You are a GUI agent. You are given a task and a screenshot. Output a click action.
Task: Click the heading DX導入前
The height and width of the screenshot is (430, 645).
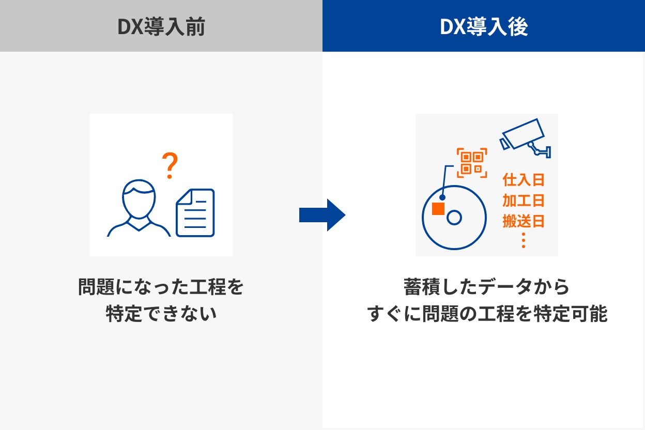[x=161, y=26]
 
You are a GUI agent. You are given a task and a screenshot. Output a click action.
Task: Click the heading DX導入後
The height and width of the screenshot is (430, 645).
[x=484, y=26]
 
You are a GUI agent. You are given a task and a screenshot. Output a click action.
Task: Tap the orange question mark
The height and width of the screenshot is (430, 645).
[x=170, y=165]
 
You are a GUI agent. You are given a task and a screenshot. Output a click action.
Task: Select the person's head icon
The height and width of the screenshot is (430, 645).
[x=139, y=199]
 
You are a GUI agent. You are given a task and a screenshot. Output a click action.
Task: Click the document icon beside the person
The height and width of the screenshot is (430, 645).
[x=195, y=213]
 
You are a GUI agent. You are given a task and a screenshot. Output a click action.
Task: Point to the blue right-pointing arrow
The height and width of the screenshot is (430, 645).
[x=322, y=215]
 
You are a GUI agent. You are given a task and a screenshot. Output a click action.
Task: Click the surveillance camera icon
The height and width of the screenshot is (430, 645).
[x=525, y=138]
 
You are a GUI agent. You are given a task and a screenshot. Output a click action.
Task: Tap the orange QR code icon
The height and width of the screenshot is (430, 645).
[x=472, y=163]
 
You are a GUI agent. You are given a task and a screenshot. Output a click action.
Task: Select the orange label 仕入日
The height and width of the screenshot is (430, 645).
[x=524, y=180]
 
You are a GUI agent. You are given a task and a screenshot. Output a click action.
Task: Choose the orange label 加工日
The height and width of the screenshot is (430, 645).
[x=524, y=201]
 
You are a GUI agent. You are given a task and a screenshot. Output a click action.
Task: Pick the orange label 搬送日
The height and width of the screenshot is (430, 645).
[x=524, y=221]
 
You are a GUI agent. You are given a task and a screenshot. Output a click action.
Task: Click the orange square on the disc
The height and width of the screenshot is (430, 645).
[x=438, y=209]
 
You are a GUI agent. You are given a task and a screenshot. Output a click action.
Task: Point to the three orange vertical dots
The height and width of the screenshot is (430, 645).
[x=524, y=240]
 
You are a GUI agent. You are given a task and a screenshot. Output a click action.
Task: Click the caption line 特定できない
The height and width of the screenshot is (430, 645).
[x=161, y=313]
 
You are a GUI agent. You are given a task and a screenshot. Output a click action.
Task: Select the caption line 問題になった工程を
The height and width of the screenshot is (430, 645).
[x=161, y=287]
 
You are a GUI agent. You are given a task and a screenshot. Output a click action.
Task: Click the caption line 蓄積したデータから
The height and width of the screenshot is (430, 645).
[x=487, y=287]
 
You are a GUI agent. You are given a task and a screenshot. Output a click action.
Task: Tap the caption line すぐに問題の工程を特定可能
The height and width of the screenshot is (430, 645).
[x=487, y=313]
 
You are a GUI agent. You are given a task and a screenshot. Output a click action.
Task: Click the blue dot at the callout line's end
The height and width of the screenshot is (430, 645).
[x=442, y=197]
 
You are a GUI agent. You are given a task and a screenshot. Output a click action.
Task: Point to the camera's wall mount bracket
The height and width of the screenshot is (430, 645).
[x=539, y=150]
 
